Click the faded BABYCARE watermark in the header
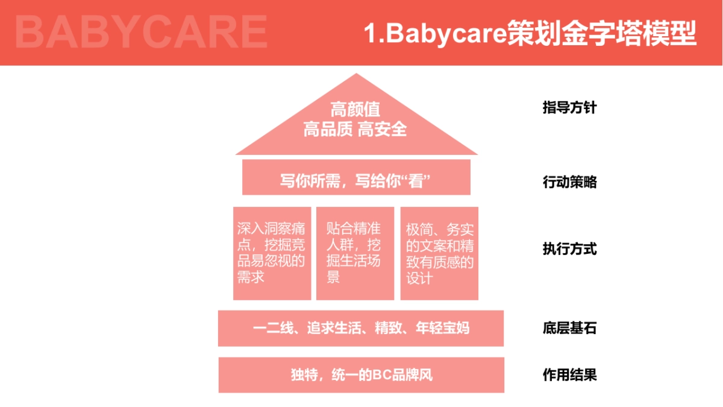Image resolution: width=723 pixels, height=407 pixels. click(x=141, y=32)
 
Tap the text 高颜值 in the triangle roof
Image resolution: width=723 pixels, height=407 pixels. click(x=355, y=110)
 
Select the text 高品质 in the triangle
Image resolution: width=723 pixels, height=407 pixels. click(x=328, y=129)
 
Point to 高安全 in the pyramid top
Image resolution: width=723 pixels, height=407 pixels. click(x=383, y=129)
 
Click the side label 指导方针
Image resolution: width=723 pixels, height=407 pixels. click(x=569, y=109)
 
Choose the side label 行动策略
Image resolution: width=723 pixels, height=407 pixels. click(x=569, y=182)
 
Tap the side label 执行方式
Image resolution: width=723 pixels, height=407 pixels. click(x=569, y=248)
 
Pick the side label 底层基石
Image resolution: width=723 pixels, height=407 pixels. click(x=569, y=329)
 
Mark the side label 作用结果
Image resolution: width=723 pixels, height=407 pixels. click(x=569, y=374)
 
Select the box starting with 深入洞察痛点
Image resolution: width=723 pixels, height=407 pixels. click(x=272, y=253)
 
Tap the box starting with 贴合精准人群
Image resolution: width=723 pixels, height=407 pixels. click(x=355, y=253)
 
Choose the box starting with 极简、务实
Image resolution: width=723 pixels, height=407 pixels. click(x=439, y=253)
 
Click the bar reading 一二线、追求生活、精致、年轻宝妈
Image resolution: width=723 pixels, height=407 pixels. click(x=360, y=329)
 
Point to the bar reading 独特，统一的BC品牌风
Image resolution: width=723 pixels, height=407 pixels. click(x=361, y=375)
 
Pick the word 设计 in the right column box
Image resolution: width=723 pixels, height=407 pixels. click(x=419, y=279)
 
